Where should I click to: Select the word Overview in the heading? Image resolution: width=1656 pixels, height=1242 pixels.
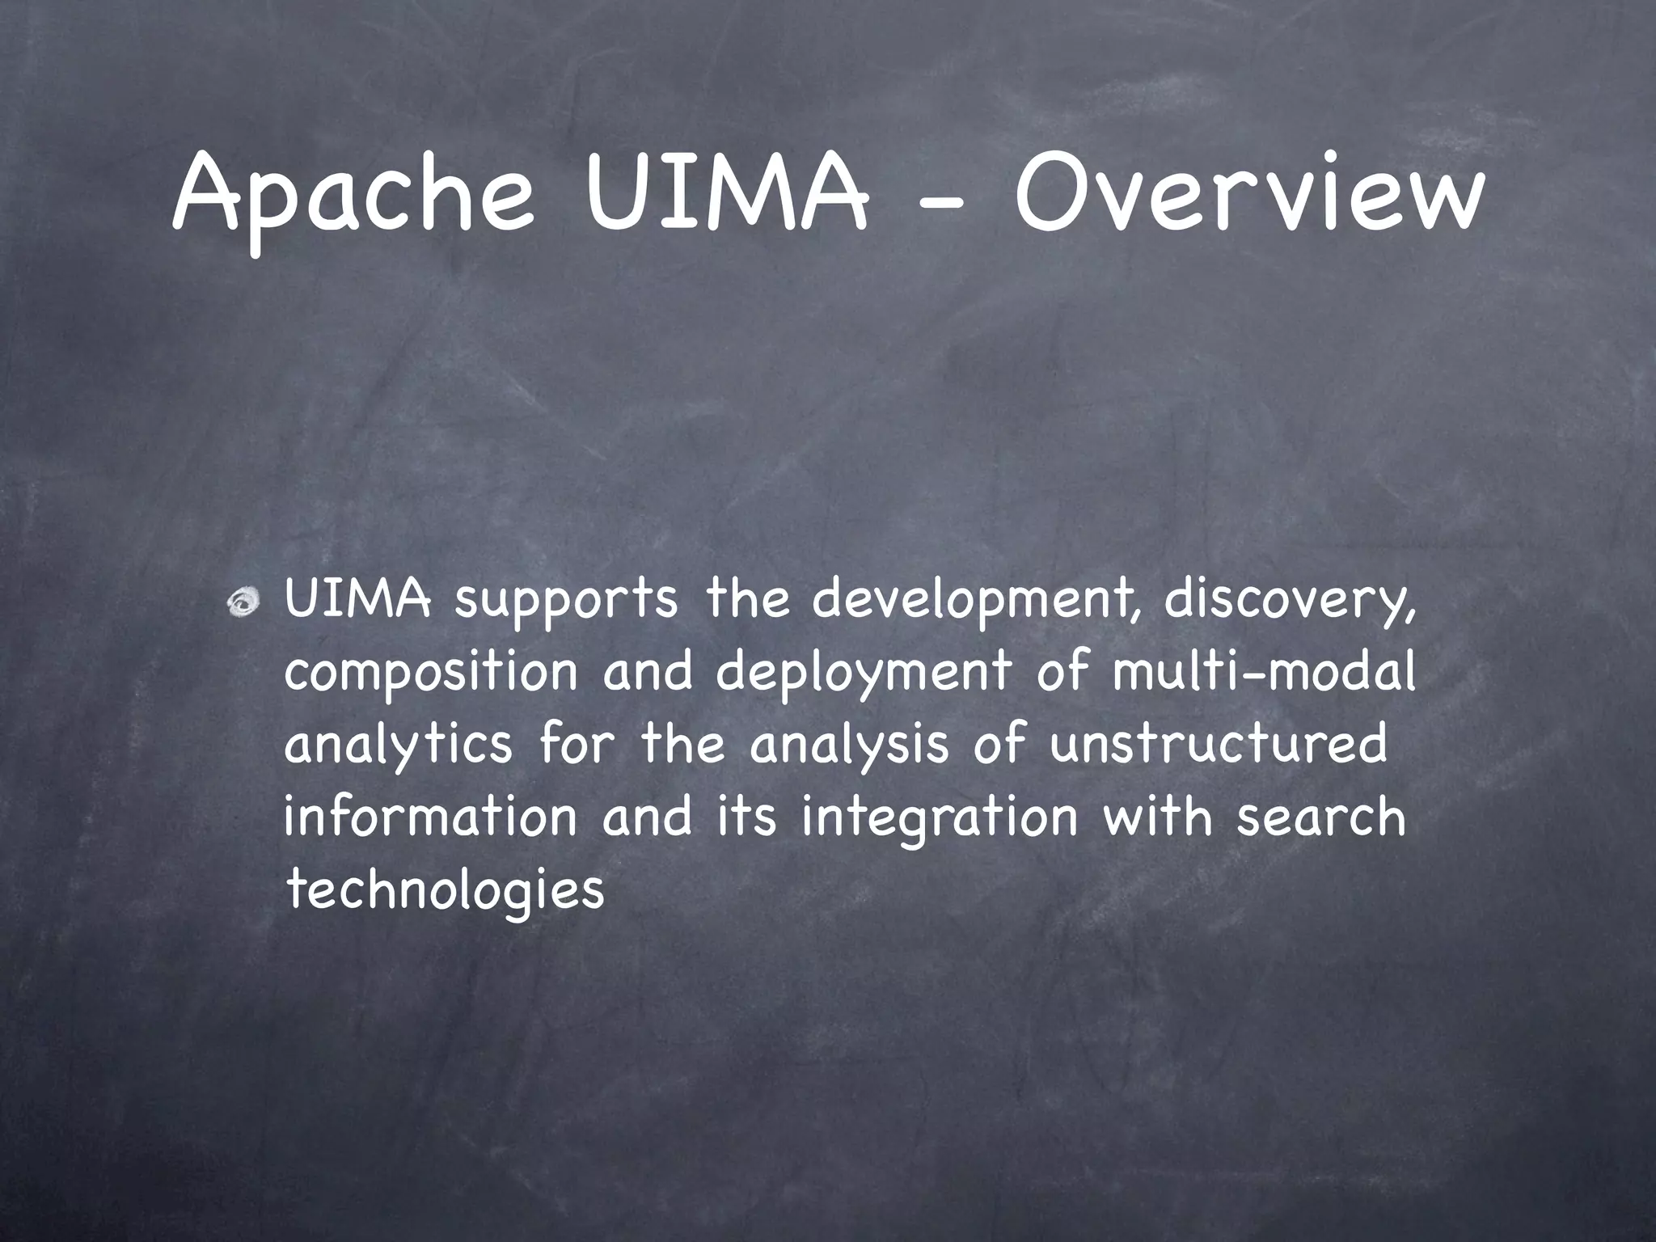coord(1248,194)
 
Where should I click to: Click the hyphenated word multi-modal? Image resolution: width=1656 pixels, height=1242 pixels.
coord(1263,671)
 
